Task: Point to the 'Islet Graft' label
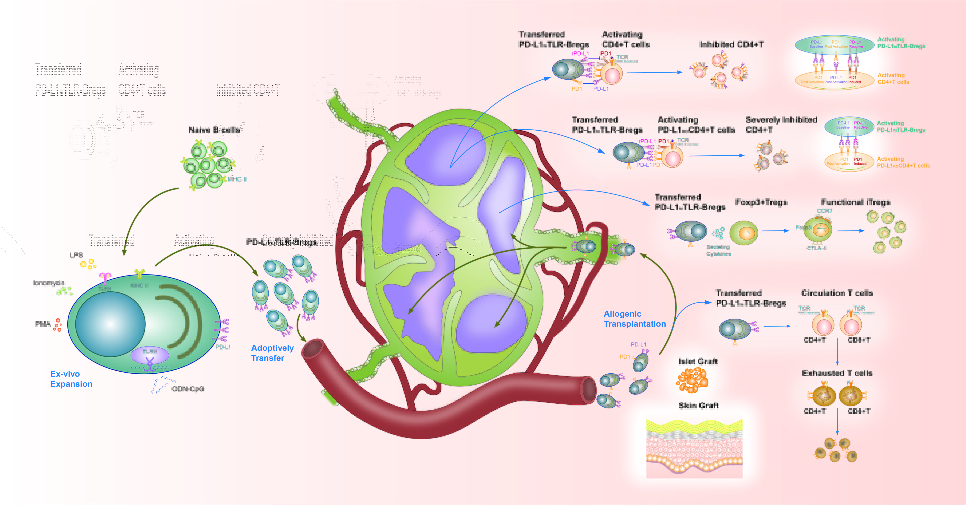tap(698, 361)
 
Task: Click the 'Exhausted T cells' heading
tap(837, 373)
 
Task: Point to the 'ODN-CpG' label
tap(188, 389)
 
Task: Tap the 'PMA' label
tap(42, 324)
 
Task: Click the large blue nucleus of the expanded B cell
tap(110, 324)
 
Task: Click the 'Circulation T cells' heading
tap(837, 293)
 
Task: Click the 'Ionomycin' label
tap(49, 283)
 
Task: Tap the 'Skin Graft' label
tap(698, 405)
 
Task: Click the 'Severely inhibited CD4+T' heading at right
tap(781, 124)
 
